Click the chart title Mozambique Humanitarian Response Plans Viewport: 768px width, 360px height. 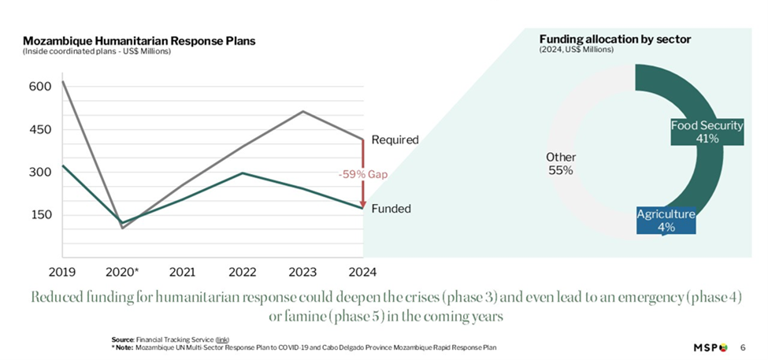[139, 41]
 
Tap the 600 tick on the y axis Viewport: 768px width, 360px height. [41, 87]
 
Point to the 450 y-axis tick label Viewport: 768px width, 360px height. [41, 129]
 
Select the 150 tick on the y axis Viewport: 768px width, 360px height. [41, 215]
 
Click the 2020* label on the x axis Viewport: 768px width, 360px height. [122, 272]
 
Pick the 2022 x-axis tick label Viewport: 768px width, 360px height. [243, 272]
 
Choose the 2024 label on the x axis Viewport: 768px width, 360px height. [362, 272]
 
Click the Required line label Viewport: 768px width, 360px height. [395, 139]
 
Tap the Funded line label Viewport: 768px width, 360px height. [391, 209]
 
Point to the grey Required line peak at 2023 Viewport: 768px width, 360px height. [302, 111]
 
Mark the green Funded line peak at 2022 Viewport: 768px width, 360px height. [243, 173]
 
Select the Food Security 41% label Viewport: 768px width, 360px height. [706, 132]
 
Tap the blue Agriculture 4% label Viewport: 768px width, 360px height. [666, 220]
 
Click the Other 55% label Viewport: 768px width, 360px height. [560, 164]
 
